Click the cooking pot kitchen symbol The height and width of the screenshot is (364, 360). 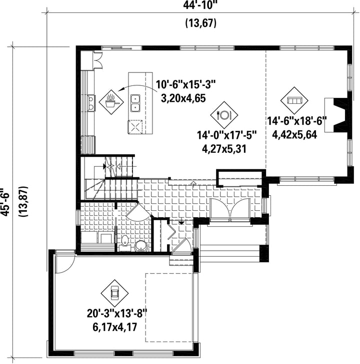point(111,102)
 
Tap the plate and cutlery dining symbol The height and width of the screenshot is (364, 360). point(224,115)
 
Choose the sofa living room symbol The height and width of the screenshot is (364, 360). point(294,100)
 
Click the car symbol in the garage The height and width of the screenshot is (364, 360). point(114,293)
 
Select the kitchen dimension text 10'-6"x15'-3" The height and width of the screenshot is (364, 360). point(185,84)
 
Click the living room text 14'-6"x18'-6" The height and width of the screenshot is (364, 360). point(297,121)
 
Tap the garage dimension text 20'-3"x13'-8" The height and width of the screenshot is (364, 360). point(117,314)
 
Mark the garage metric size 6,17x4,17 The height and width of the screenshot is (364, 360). point(115,327)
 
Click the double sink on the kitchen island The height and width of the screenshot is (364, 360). point(135,103)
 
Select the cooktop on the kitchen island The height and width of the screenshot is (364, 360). point(135,127)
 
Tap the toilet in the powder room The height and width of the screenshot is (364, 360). point(125,243)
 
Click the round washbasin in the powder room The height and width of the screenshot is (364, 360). point(141,246)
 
